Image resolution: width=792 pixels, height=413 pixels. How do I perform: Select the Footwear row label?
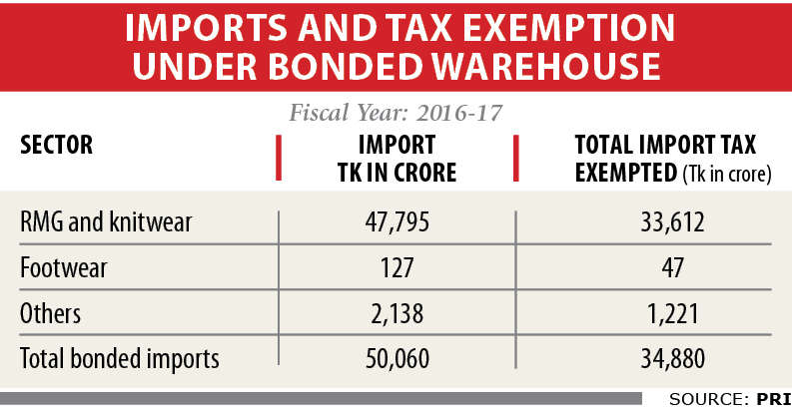(64, 267)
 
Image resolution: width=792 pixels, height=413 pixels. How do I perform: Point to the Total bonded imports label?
(119, 359)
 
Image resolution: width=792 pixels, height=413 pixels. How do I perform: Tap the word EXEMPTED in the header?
(625, 172)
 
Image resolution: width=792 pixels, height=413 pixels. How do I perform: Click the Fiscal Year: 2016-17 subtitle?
(396, 112)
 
